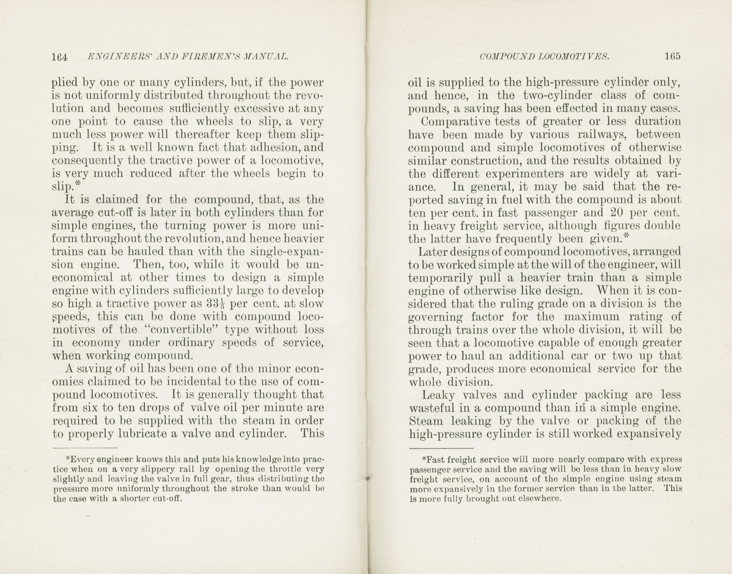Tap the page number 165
[x=671, y=57]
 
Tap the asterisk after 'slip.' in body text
[x=78, y=183]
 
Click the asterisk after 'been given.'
[x=626, y=236]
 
